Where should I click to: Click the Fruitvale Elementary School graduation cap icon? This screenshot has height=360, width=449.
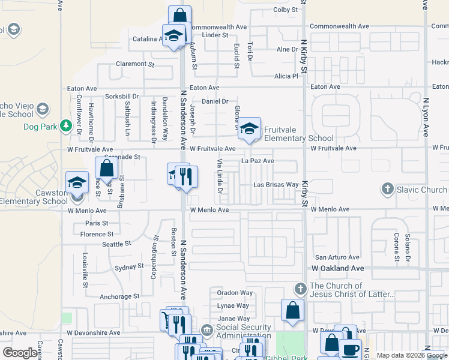click(x=249, y=128)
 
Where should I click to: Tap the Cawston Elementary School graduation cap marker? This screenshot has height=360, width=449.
click(x=77, y=182)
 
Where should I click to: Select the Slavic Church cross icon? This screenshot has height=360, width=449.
click(x=388, y=190)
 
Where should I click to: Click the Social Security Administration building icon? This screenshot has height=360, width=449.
click(x=206, y=330)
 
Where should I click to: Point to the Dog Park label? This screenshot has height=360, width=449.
click(x=39, y=127)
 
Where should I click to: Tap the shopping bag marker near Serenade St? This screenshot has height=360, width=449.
click(x=106, y=169)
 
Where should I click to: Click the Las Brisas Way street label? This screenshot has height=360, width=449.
click(x=276, y=185)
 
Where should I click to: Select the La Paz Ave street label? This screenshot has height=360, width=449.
click(x=258, y=161)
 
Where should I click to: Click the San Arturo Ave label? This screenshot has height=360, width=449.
click(x=337, y=257)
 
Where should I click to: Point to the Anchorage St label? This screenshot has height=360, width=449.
click(x=119, y=296)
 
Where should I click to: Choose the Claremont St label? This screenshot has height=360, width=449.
click(x=135, y=64)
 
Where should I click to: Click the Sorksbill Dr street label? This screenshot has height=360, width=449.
click(x=122, y=96)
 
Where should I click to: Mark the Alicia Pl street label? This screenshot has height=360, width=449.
click(x=286, y=76)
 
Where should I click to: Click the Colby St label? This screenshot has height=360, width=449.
click(x=285, y=10)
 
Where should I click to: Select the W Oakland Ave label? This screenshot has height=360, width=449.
click(x=338, y=268)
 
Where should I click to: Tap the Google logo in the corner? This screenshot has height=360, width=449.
click(x=20, y=353)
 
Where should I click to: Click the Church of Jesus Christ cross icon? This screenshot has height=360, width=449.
click(x=301, y=289)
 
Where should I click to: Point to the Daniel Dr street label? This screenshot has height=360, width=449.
click(x=215, y=101)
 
